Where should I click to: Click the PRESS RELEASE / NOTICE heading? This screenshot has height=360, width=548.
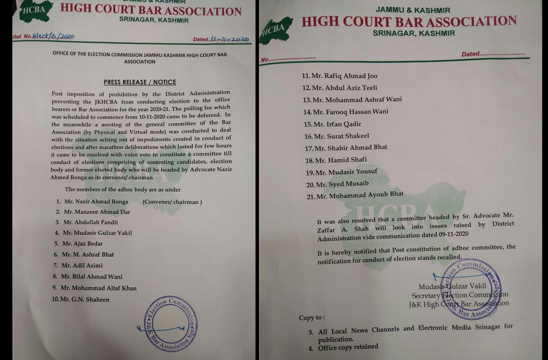point(140,82)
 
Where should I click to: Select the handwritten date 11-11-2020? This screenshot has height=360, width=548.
point(230,39)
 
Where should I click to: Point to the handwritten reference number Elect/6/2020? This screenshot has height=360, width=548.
point(53,36)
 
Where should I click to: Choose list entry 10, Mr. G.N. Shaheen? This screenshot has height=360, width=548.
point(81,299)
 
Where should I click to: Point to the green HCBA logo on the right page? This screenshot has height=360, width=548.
point(276,30)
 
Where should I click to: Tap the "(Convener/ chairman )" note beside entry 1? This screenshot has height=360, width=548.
point(172,202)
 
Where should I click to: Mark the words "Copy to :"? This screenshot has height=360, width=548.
point(312,318)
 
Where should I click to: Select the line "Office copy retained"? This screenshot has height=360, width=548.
point(348,347)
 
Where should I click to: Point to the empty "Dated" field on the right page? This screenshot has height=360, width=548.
point(502,54)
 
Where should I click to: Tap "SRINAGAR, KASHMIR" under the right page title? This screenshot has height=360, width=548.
point(414,34)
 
